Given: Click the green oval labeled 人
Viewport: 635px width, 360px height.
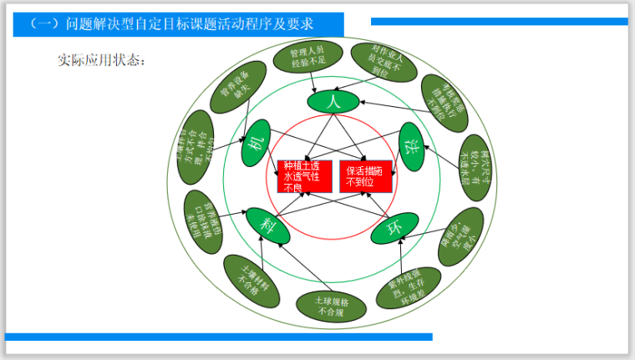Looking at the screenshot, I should click(x=333, y=101).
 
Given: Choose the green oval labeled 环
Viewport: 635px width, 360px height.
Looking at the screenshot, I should click(x=392, y=228).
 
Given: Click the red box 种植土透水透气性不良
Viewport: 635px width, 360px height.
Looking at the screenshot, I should click(x=304, y=175).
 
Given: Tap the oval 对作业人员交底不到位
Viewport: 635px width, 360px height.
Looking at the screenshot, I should click(x=380, y=61).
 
